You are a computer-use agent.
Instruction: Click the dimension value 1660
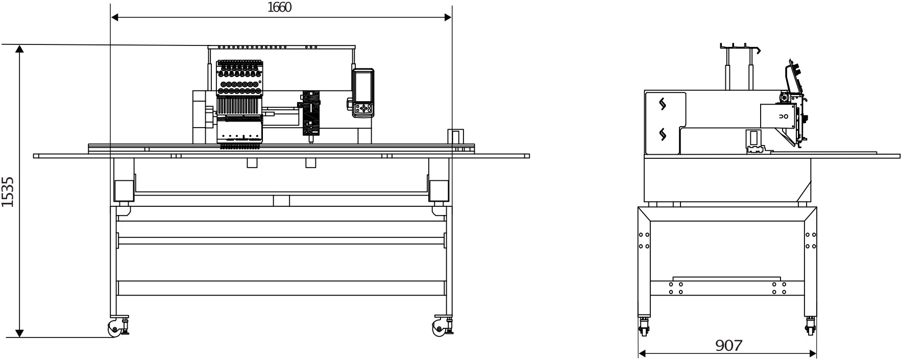(x=279, y=8)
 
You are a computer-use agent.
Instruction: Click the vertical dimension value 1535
(x=8, y=192)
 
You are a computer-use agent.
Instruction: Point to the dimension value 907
(x=728, y=346)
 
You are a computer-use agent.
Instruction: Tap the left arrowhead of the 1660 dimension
(x=115, y=17)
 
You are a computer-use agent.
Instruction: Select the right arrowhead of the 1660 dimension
(x=448, y=17)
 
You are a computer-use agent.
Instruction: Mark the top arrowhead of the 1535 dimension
(x=19, y=49)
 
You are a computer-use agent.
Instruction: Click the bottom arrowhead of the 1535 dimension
(x=19, y=333)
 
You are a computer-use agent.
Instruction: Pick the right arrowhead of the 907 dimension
(x=813, y=353)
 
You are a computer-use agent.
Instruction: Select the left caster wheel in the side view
(x=643, y=327)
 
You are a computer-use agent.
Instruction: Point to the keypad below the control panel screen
(x=363, y=108)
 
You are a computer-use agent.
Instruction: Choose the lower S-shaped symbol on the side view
(x=663, y=134)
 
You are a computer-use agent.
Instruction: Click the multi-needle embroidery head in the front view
(x=240, y=105)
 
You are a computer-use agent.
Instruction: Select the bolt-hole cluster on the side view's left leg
(x=644, y=241)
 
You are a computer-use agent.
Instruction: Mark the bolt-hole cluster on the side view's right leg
(x=810, y=241)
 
